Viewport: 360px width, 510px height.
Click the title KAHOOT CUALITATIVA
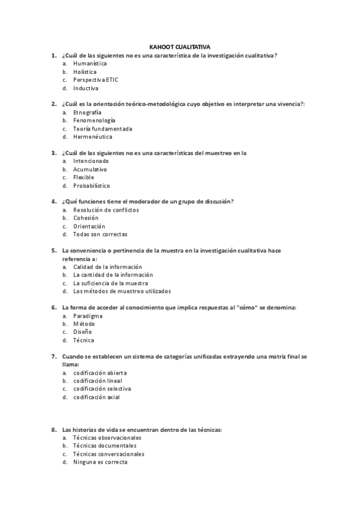[x=180, y=46]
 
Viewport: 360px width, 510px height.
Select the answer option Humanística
[x=90, y=63]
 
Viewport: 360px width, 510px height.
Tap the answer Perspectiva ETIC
[x=96, y=79]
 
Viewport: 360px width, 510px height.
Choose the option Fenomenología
[x=94, y=120]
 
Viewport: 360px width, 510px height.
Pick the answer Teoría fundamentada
[x=102, y=129]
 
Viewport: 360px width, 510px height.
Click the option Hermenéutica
[x=93, y=137]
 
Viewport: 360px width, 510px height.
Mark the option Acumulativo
[x=90, y=170]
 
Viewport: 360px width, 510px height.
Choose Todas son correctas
[x=100, y=235]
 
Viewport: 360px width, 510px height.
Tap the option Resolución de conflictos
[x=105, y=210]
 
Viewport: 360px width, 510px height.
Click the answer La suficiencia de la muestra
[x=111, y=283]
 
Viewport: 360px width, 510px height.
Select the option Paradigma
[x=88, y=316]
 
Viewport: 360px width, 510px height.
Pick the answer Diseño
[x=82, y=332]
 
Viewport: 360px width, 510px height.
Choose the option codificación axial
[x=96, y=397]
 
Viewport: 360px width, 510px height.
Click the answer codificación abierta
[x=100, y=372]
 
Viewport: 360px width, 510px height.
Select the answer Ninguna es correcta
[x=100, y=462]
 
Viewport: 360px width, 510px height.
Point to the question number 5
[x=54, y=250]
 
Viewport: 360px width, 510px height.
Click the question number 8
[x=54, y=430]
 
